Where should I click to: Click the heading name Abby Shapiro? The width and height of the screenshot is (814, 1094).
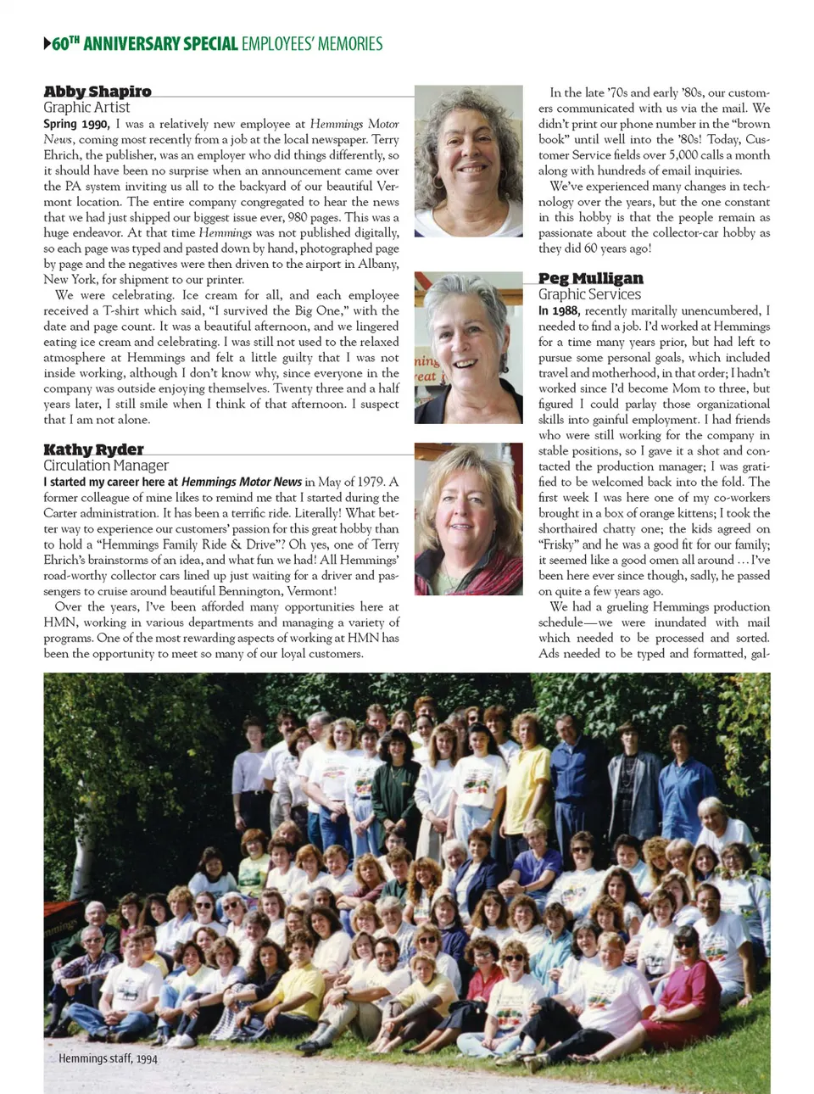98,92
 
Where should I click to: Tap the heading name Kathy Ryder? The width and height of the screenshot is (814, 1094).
93,449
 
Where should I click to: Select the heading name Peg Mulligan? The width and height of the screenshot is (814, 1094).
590,278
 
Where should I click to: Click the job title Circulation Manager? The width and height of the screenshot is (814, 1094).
106,466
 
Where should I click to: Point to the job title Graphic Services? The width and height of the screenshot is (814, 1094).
589,294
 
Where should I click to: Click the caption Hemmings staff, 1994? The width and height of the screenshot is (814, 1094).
108,1058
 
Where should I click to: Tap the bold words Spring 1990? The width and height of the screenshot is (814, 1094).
76,124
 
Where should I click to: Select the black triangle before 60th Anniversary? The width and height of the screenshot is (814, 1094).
47,43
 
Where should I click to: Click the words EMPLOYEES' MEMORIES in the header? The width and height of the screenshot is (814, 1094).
312,43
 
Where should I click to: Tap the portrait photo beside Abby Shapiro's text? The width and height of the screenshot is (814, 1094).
468,160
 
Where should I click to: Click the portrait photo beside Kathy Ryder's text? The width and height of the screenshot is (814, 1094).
468,518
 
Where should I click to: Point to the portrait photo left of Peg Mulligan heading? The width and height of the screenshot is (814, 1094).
468,348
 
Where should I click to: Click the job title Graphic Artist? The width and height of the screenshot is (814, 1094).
86,108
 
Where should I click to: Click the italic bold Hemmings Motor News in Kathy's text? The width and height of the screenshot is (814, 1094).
242,482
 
